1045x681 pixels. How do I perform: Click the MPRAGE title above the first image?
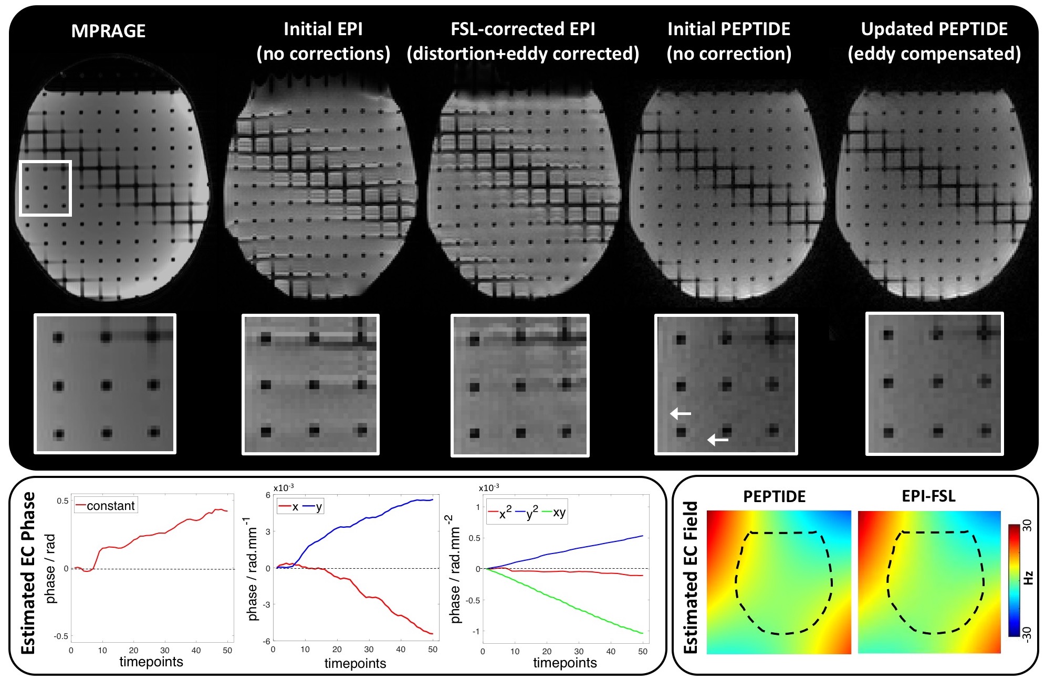click(x=108, y=31)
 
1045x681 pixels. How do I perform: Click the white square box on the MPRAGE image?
click(x=45, y=188)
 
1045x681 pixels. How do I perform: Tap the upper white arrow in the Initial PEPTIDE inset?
click(x=681, y=414)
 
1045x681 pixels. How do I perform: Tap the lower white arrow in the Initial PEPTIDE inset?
click(x=718, y=440)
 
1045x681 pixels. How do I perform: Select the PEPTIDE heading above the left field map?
click(x=774, y=496)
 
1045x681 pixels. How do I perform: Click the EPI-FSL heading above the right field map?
click(x=928, y=496)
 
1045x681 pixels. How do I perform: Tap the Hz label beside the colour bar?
click(x=1028, y=578)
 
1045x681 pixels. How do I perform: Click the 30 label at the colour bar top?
click(x=1028, y=526)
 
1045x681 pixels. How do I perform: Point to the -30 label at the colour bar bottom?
click(x=1028, y=633)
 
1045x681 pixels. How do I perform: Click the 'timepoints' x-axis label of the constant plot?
click(x=151, y=662)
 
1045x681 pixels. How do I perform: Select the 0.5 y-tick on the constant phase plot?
click(x=62, y=501)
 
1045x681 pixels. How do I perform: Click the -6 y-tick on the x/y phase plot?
click(x=267, y=641)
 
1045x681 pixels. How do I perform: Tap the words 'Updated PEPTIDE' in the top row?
click(x=934, y=29)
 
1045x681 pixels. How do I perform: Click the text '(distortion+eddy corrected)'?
click(x=522, y=54)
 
